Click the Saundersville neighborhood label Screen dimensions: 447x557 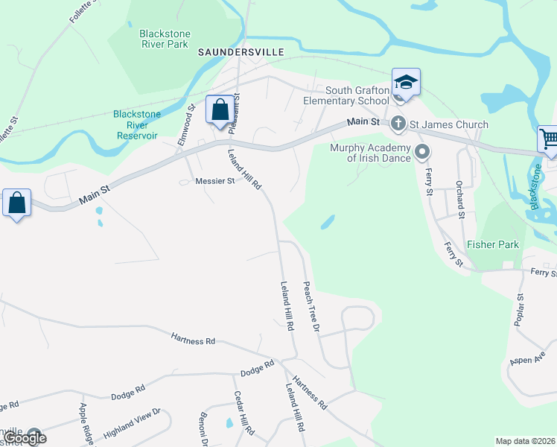pyautogui.click(x=231, y=53)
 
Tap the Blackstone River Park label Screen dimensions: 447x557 pyautogui.click(x=165, y=39)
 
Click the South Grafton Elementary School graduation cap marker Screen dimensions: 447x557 pyautogui.click(x=406, y=82)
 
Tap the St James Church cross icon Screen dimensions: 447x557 pyautogui.click(x=398, y=124)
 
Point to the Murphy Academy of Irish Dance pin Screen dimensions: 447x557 pyautogui.click(x=422, y=153)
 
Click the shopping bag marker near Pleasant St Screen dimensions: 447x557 pyautogui.click(x=220, y=111)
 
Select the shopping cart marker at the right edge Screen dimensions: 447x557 pyautogui.click(x=549, y=139)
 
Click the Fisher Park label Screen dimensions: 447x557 pyautogui.click(x=492, y=244)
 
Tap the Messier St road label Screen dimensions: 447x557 pyautogui.click(x=214, y=181)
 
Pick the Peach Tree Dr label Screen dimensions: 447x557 pyautogui.click(x=311, y=306)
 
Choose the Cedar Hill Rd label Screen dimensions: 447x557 pyautogui.click(x=244, y=413)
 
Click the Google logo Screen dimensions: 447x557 pyautogui.click(x=25, y=438)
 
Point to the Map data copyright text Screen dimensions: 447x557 pyautogui.click(x=525, y=441)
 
